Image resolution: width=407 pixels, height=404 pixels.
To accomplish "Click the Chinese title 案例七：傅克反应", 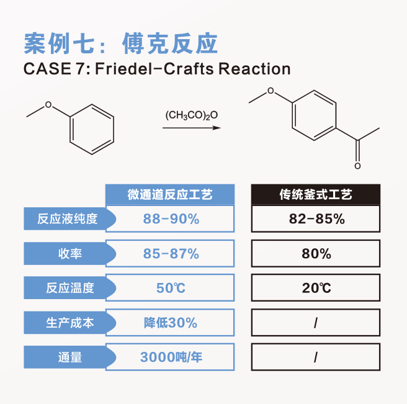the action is [x=121, y=43].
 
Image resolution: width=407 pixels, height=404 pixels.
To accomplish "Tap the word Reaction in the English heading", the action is [x=254, y=69].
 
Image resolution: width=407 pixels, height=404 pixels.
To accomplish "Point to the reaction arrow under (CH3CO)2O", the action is [x=192, y=128].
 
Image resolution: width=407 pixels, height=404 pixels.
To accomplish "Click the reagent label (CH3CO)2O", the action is [x=192, y=115].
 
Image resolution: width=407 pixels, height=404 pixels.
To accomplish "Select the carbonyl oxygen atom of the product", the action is [x=357, y=166].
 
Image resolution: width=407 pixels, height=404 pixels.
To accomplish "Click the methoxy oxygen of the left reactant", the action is [x=48, y=105].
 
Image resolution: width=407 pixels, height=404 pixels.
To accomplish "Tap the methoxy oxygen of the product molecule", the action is [x=271, y=91].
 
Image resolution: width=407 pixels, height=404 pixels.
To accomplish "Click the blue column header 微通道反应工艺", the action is [x=170, y=194].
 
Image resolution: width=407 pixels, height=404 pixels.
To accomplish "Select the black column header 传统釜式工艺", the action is [x=316, y=194].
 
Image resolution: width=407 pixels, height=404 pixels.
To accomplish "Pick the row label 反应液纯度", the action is [x=68, y=218].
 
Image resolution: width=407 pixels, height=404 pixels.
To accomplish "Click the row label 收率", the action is [x=70, y=253].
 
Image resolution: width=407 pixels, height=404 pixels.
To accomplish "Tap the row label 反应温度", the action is [x=70, y=288].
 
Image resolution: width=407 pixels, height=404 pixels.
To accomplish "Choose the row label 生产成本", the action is [x=70, y=323].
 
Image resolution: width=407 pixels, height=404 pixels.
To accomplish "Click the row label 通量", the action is [x=70, y=357].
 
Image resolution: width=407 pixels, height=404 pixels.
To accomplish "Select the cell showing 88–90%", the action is [x=170, y=219].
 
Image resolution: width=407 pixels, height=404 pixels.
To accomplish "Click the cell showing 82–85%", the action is [x=316, y=219].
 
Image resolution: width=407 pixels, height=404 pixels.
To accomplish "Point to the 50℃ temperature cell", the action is [x=170, y=288].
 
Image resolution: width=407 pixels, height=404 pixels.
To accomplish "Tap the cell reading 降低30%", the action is [x=170, y=323].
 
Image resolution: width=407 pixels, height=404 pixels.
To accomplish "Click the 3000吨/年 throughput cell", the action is [x=170, y=357].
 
